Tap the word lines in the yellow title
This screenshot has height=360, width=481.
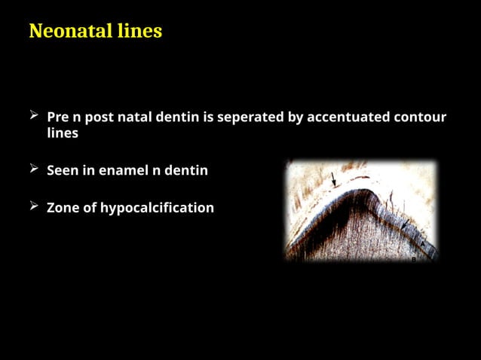coord(142,32)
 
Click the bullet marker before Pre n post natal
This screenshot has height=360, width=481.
coord(34,116)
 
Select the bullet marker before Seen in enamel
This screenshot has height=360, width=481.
coord(34,169)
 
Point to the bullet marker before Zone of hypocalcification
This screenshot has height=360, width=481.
coord(34,206)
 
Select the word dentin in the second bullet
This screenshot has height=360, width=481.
coord(187,170)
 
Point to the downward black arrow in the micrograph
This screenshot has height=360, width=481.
coord(332,179)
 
